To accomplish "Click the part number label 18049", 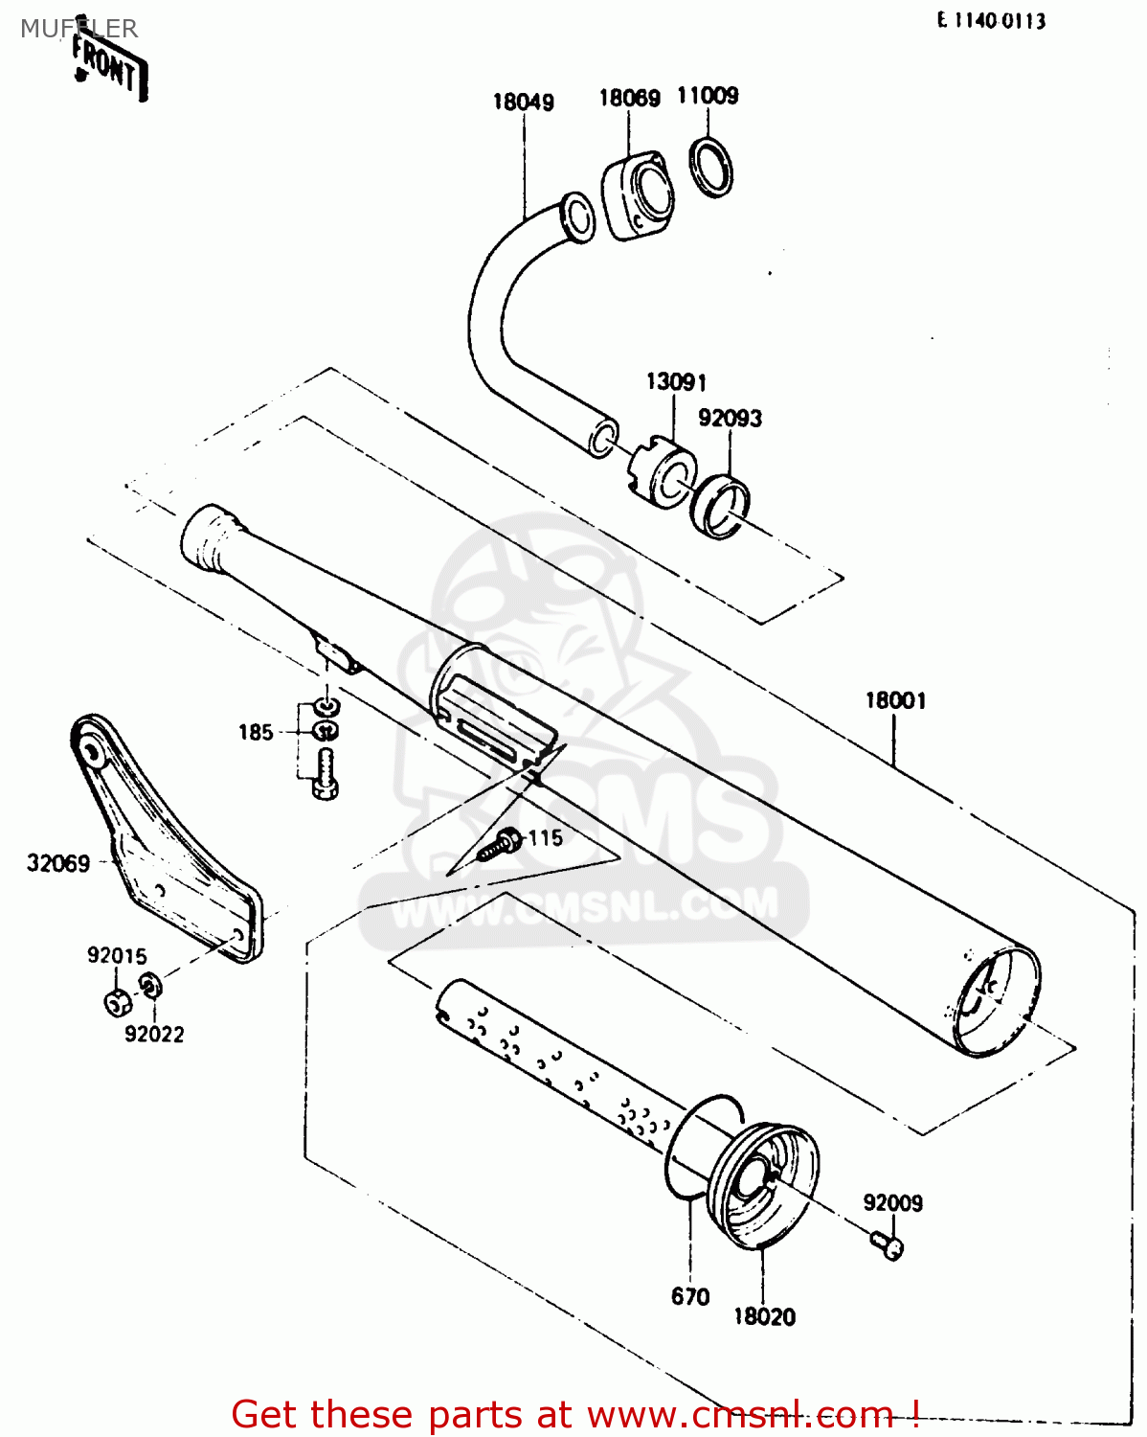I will pos(523,102).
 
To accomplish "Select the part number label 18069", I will pos(629,98).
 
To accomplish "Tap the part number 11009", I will pos(708,95).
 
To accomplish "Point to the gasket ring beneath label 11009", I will pos(712,167).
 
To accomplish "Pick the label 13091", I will pos(676,381).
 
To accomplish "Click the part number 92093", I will pos(730,418).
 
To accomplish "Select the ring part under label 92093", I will pos(721,506).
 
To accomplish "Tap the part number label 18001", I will pos(895,700).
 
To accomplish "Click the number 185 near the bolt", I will pos(256,733).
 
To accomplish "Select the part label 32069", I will pos(58,863).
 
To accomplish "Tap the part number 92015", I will pos(117,955).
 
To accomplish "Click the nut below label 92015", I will pos(117,1002).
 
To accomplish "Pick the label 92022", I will pos(154,1034).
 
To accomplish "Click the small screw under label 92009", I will pos(888,1244).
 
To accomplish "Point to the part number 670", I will pos(690,1296).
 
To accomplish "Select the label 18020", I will pos(764,1316).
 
